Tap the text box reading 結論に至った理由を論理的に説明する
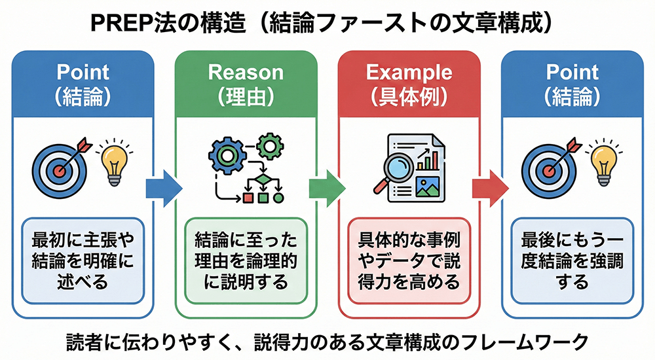[246, 260]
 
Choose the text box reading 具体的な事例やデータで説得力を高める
[409, 260]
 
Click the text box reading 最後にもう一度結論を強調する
[572, 260]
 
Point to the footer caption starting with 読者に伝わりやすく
[327, 341]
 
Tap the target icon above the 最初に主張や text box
[59, 167]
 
